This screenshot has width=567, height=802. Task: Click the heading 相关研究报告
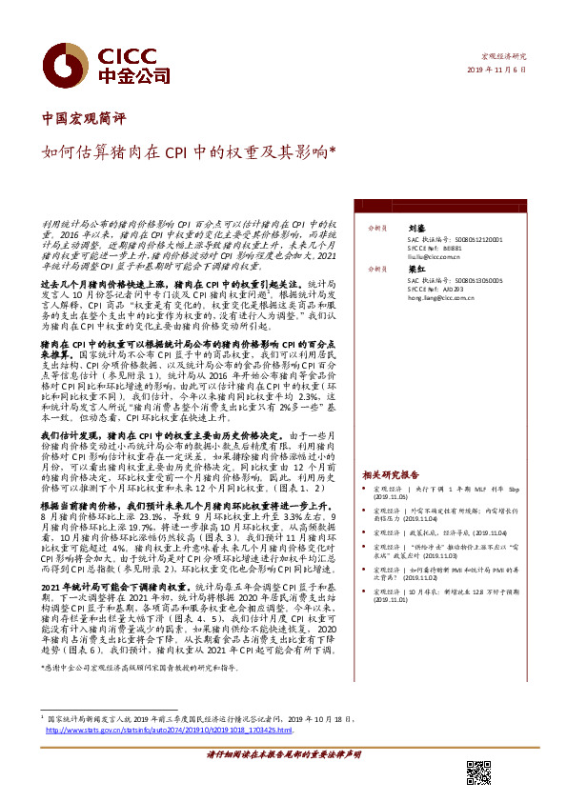[391, 473]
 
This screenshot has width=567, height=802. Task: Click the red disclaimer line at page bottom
[283, 780]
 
